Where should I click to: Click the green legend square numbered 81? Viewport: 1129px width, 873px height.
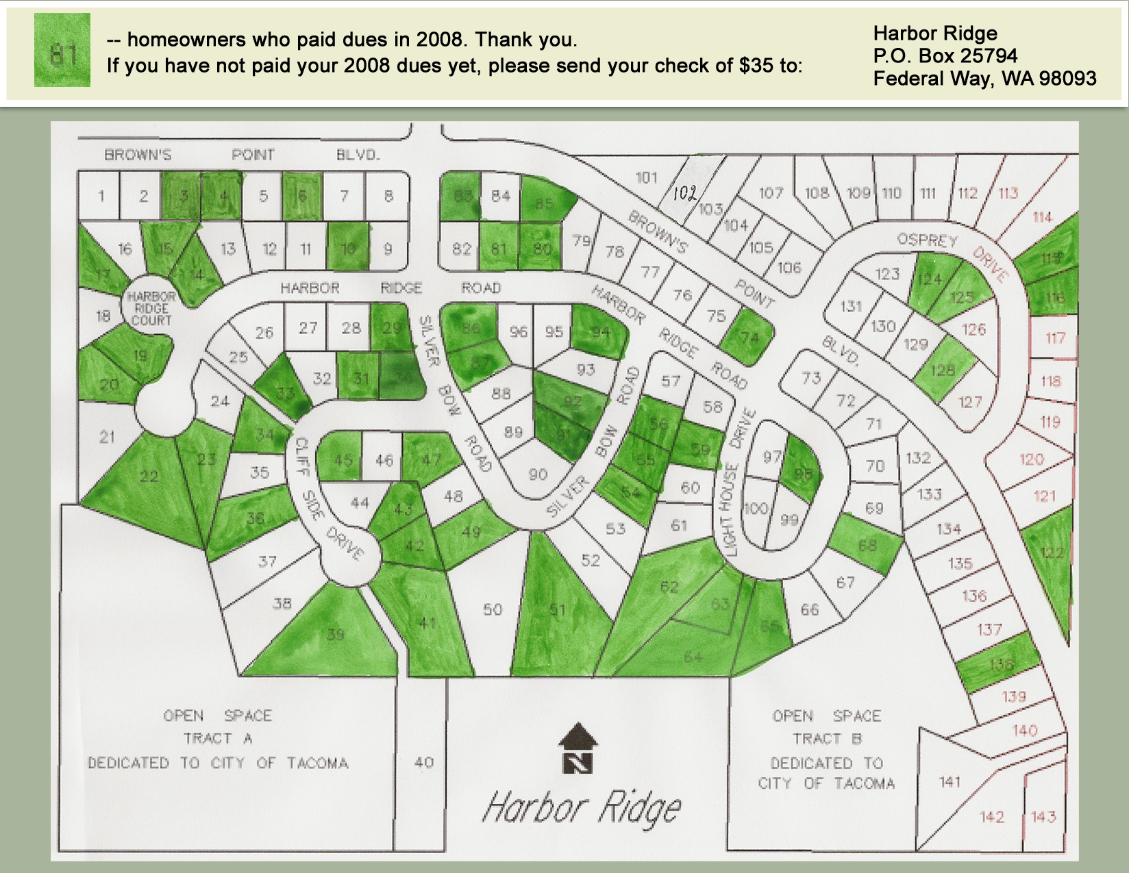(x=62, y=51)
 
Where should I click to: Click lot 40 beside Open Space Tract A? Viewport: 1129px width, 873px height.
(x=423, y=762)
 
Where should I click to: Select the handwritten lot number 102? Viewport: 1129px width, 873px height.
(x=684, y=193)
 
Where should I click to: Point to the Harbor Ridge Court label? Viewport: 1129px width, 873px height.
(x=151, y=308)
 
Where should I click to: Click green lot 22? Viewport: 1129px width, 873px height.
(x=149, y=477)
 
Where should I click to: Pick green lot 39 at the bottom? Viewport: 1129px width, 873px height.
(x=334, y=634)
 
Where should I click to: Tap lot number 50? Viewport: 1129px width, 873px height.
(x=493, y=609)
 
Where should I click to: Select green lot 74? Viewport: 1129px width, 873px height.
(x=749, y=338)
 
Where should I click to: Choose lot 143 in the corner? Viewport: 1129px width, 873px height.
(x=1043, y=817)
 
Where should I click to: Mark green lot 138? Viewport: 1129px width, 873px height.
(x=1000, y=663)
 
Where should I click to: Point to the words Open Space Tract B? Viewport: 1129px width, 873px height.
(x=826, y=727)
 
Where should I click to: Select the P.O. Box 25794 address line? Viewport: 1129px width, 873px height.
(x=945, y=56)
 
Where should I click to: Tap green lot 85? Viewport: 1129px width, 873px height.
(x=545, y=203)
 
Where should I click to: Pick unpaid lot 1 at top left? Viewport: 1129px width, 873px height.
(x=101, y=197)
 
